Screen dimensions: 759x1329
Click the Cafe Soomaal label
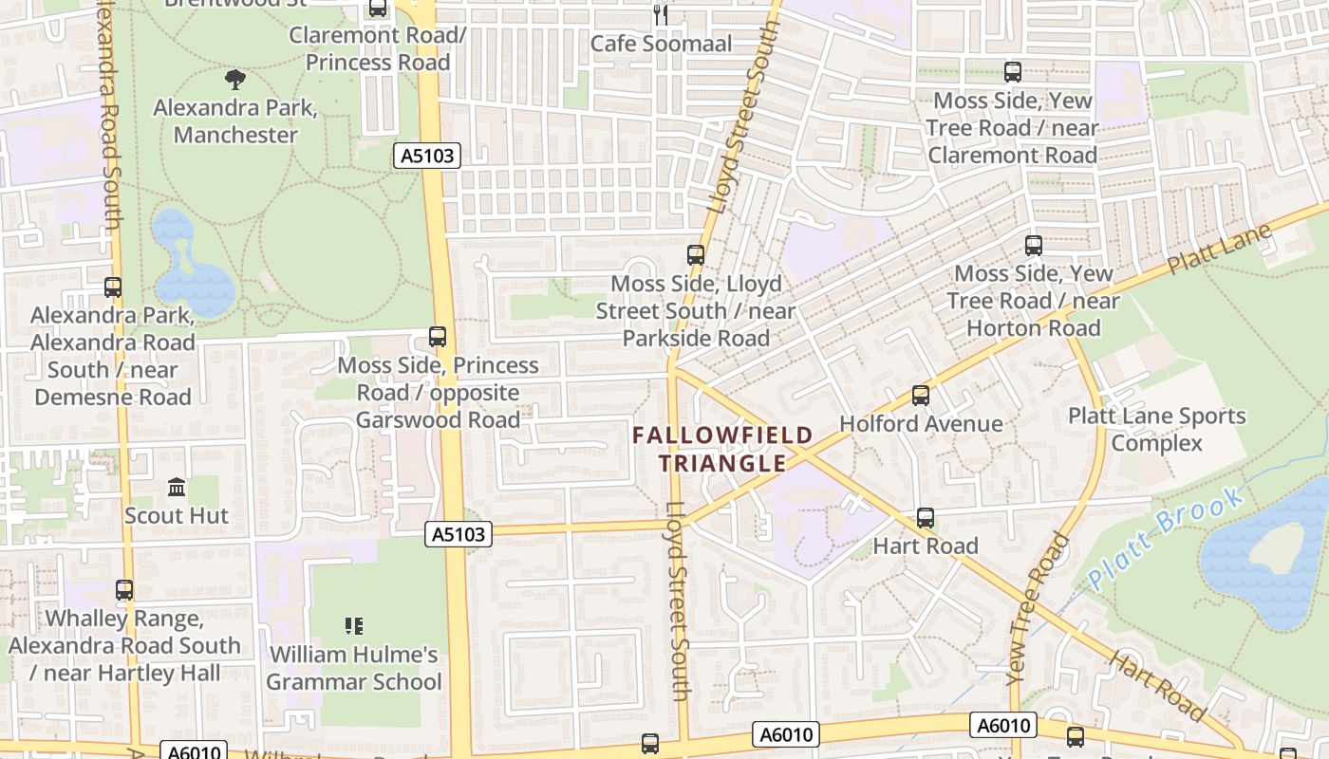tap(662, 44)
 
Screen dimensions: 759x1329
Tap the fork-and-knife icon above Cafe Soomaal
tap(661, 14)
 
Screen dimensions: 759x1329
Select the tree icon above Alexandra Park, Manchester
tap(235, 80)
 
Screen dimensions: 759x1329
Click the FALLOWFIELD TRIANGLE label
tap(723, 450)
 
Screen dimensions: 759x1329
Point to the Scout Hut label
tap(177, 515)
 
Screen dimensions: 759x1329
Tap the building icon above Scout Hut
tap(177, 488)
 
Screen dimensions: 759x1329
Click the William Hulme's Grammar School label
tap(354, 668)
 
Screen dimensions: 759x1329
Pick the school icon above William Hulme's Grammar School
tap(354, 626)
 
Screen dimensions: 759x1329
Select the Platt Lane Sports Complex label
tap(1156, 430)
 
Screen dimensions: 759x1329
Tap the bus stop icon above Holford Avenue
tap(920, 396)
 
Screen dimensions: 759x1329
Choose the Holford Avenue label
tap(921, 423)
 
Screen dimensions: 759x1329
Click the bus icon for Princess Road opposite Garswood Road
tap(438, 337)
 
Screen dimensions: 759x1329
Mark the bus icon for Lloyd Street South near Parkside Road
tap(696, 254)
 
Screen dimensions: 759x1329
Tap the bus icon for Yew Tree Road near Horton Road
tap(1034, 246)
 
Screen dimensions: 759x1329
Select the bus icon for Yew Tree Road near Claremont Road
tap(1013, 72)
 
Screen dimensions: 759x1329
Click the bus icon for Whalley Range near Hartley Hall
tap(124, 590)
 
